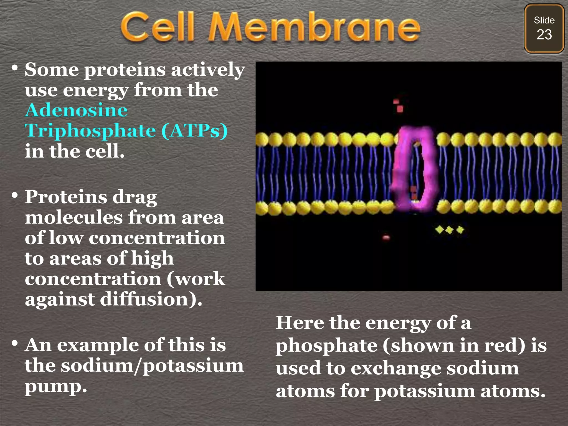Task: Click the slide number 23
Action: click(544, 35)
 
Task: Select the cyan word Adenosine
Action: click(76, 110)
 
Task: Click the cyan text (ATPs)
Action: click(194, 131)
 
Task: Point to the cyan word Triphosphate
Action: click(90, 131)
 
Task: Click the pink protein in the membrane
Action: click(414, 169)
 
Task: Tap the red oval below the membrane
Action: click(386, 237)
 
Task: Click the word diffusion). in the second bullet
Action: click(151, 300)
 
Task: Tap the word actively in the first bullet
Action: click(208, 70)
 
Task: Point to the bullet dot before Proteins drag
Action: click(15, 195)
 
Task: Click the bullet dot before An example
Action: click(15, 344)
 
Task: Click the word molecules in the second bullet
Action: click(74, 217)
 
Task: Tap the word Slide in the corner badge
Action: click(544, 20)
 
